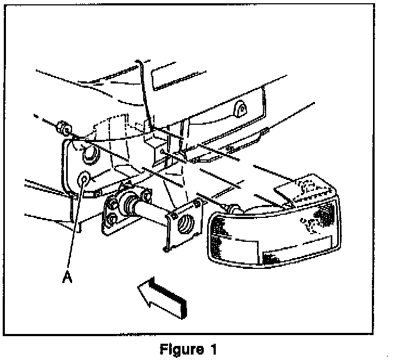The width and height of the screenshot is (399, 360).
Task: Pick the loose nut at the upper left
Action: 62,128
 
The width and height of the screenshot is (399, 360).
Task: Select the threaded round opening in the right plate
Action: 185,222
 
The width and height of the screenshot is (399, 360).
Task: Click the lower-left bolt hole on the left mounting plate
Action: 110,219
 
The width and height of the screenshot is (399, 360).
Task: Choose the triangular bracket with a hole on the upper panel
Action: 241,111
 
